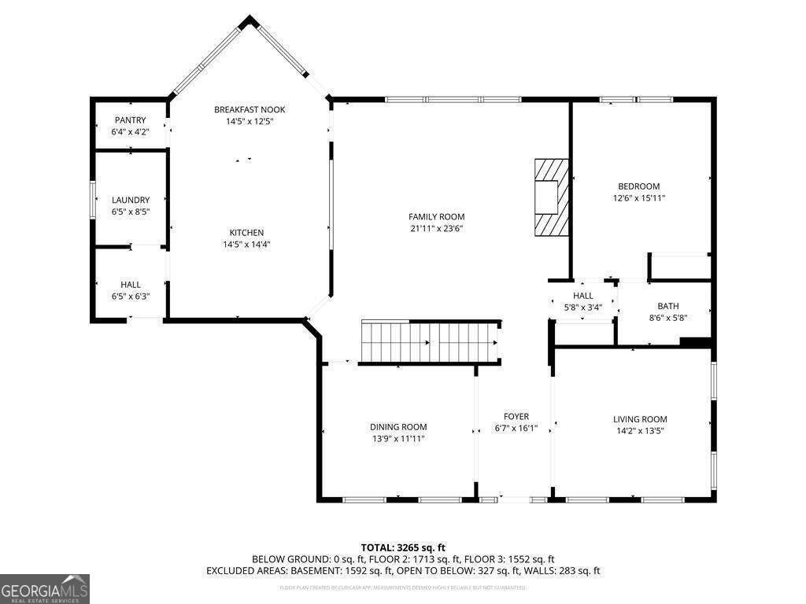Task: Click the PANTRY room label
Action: click(x=130, y=120)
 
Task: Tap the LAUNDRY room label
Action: click(x=130, y=201)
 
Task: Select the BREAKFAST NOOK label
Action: click(x=250, y=109)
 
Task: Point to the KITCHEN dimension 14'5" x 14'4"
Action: click(x=246, y=245)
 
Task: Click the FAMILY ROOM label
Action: click(x=436, y=217)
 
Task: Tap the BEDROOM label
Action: click(x=638, y=186)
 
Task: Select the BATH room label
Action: click(x=667, y=307)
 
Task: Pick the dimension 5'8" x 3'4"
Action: click(x=583, y=308)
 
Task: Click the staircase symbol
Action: click(x=430, y=342)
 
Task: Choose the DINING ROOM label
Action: click(x=398, y=427)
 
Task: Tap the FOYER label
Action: click(x=516, y=417)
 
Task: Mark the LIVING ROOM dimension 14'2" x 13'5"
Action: click(x=640, y=431)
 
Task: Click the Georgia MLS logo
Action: click(x=45, y=589)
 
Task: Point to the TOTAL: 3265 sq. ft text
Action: click(x=403, y=547)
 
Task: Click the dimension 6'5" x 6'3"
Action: click(x=131, y=296)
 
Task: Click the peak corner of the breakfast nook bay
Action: click(x=250, y=20)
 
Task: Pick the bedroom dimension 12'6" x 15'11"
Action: click(x=638, y=198)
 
